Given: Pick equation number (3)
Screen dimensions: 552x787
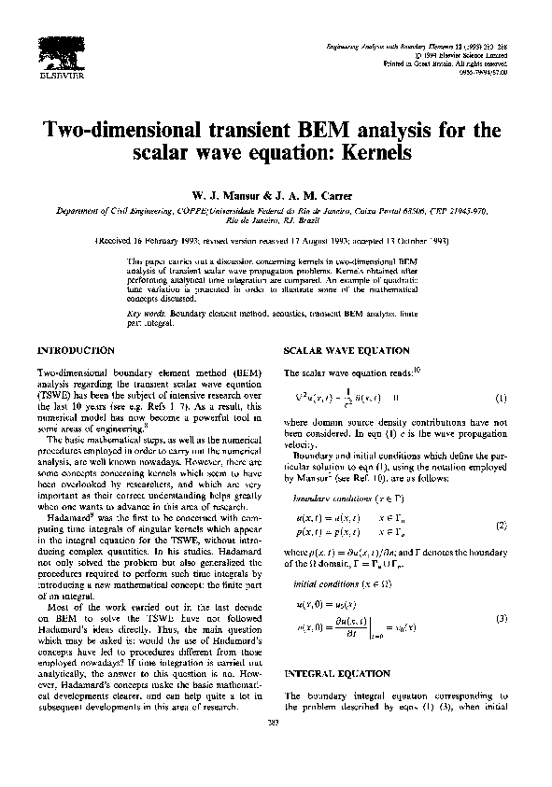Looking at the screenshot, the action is (502, 620).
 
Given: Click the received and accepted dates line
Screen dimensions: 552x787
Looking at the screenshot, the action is (276, 238).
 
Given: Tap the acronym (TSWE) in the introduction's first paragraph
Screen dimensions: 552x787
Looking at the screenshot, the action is (53, 395).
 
